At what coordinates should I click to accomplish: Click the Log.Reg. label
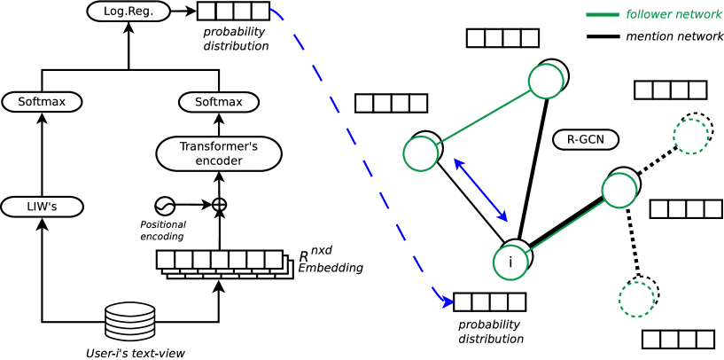(128, 12)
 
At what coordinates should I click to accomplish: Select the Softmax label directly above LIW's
(42, 102)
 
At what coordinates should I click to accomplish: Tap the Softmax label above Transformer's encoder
(219, 102)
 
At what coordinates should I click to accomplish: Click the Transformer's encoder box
(219, 153)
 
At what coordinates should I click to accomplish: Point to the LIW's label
(42, 207)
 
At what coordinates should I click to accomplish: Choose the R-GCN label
(585, 139)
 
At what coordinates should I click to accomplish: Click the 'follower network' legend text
(673, 14)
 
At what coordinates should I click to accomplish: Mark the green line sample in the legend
(603, 14)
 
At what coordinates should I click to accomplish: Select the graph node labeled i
(510, 262)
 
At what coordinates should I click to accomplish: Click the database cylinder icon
(130, 321)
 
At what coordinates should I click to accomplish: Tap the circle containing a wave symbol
(165, 207)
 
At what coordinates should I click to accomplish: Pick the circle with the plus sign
(219, 205)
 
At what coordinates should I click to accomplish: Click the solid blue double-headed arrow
(480, 190)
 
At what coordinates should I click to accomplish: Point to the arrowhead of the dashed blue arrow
(448, 302)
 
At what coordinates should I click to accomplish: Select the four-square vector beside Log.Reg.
(233, 12)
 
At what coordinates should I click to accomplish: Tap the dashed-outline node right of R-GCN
(691, 136)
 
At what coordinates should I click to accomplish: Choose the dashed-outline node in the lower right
(636, 298)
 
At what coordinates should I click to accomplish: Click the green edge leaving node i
(565, 225)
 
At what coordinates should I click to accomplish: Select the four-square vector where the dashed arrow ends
(489, 302)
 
